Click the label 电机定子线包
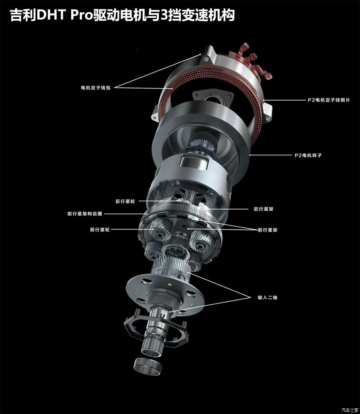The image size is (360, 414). point(96,88)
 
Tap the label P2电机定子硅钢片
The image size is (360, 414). point(329,100)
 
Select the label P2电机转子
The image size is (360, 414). point(308,155)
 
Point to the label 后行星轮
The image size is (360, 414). point(125,201)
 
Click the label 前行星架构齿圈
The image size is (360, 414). point(85,214)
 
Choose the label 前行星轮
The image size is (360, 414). point(100,230)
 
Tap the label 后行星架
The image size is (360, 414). point(264,209)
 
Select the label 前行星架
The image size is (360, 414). point(268,230)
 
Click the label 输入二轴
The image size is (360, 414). point(268,298)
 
